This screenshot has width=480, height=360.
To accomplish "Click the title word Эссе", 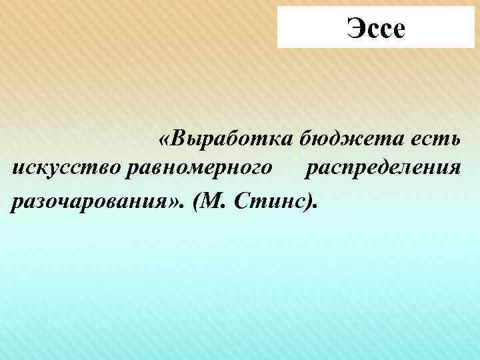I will click(x=375, y=29).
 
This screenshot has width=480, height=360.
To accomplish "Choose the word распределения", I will click(x=383, y=168).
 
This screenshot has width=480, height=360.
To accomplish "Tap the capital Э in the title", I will click(x=354, y=29).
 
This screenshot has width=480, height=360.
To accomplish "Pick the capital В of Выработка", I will click(x=178, y=139).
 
